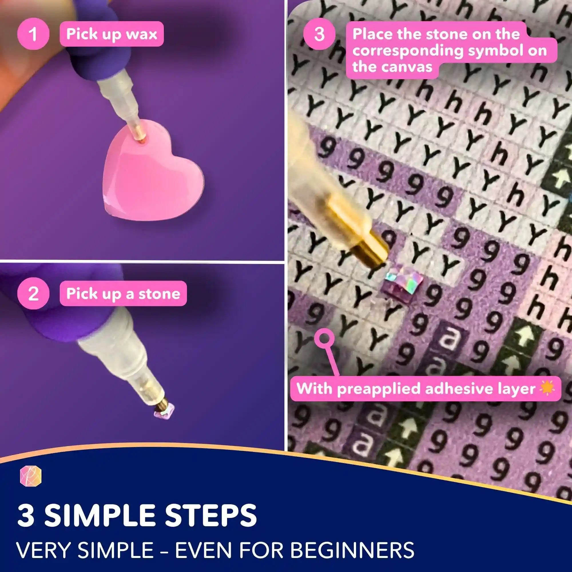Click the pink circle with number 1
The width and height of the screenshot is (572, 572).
pos(33,34)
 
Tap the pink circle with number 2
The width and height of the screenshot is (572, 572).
pos(33,294)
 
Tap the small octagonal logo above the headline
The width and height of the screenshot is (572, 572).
pos(31,477)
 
